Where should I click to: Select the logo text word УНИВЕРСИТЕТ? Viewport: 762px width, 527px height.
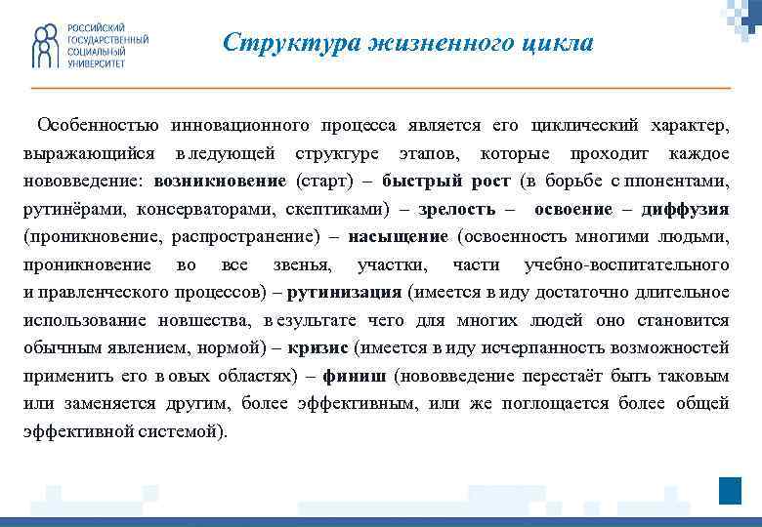click(x=96, y=62)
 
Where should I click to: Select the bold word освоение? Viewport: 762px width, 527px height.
click(x=575, y=209)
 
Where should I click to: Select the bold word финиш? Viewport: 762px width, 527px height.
click(x=335, y=375)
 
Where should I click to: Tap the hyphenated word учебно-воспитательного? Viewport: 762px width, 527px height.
click(x=626, y=264)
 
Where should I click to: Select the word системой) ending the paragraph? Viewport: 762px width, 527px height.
click(x=190, y=430)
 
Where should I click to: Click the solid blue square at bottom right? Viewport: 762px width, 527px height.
click(x=730, y=491)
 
